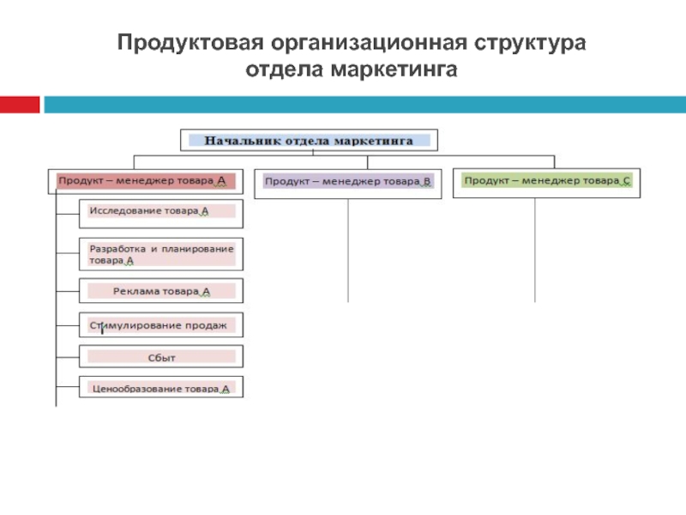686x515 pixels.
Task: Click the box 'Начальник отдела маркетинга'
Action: point(309,140)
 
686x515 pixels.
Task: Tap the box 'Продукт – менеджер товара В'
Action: point(348,182)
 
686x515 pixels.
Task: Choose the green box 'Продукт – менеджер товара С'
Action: point(546,181)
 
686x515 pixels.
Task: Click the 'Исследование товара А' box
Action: point(161,211)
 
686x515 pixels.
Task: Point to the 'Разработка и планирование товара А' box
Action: point(161,254)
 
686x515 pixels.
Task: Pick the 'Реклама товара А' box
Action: point(161,291)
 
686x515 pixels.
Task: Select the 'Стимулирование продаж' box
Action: point(161,325)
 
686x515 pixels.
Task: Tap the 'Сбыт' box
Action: point(161,356)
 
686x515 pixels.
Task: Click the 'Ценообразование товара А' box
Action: point(161,388)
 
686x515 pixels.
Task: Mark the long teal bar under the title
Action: point(364,104)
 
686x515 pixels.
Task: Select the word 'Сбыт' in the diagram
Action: point(161,356)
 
